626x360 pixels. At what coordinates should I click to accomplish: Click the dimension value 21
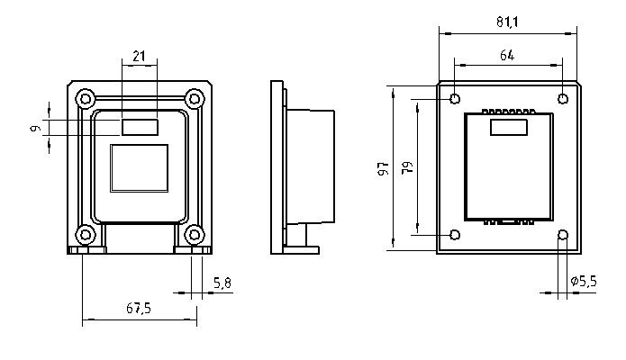pos(138,56)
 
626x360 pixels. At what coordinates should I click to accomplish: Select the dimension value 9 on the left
pos(35,129)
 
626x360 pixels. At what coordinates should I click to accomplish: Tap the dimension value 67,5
pos(138,308)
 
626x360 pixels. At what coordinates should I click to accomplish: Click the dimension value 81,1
pos(507,22)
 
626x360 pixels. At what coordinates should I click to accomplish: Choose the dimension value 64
pos(506,56)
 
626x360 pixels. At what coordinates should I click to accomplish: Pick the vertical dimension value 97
pos(383,168)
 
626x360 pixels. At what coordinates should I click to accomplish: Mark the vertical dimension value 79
pos(408,168)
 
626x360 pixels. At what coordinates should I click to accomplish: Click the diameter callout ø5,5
pos(584,282)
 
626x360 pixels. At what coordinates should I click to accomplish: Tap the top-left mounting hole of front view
pos(85,97)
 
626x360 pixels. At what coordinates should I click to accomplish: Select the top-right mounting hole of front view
pos(194,97)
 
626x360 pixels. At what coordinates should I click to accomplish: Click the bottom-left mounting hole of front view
pos(85,235)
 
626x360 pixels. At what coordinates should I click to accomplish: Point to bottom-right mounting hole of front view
pos(194,235)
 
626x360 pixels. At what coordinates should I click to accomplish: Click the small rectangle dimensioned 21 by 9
pos(139,127)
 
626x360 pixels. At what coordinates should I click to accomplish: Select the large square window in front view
pos(139,167)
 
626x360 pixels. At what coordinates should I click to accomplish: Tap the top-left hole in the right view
pos(455,98)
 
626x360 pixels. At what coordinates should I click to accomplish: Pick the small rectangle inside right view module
pos(508,128)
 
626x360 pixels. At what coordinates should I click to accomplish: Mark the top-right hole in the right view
pos(563,98)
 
